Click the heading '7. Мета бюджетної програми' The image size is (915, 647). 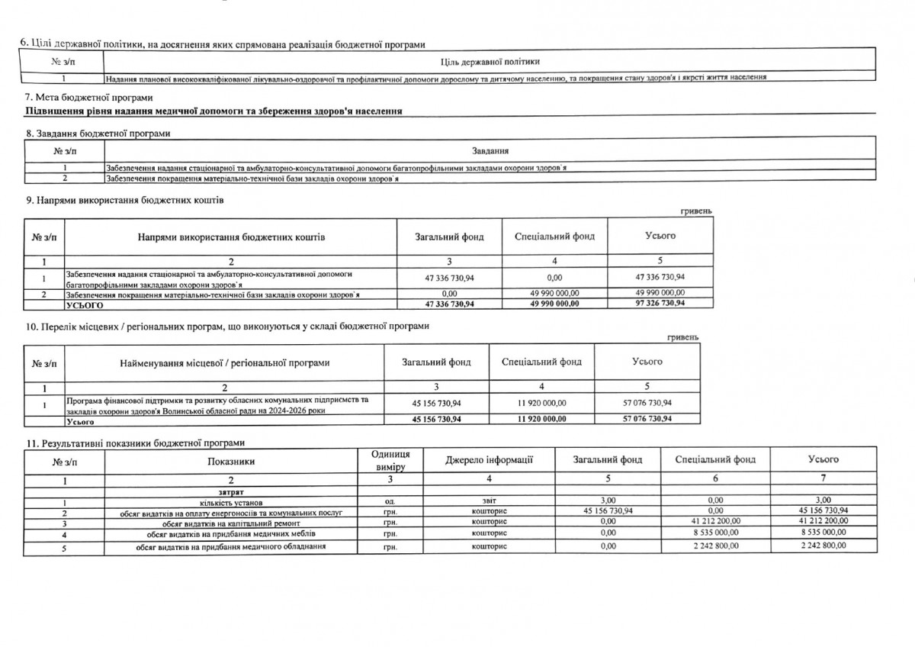point(89,98)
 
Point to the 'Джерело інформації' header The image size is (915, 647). point(489,459)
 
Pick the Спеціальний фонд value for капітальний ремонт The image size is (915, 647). point(715,522)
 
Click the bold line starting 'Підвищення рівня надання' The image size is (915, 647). point(214,112)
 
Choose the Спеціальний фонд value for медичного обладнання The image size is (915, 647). point(715,546)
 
